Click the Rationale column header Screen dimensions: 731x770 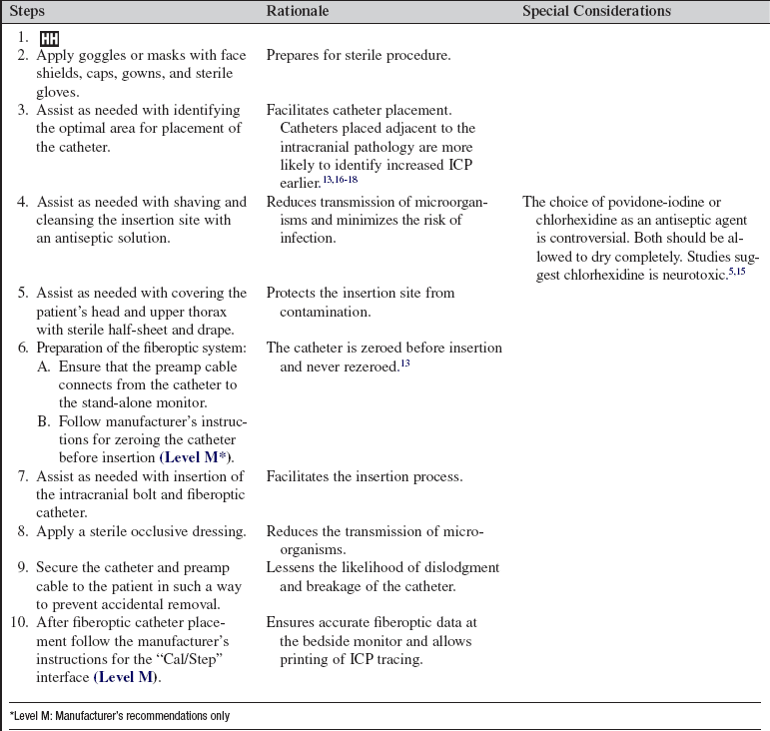click(299, 11)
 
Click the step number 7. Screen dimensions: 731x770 click(26, 477)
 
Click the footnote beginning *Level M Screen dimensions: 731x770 click(120, 716)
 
